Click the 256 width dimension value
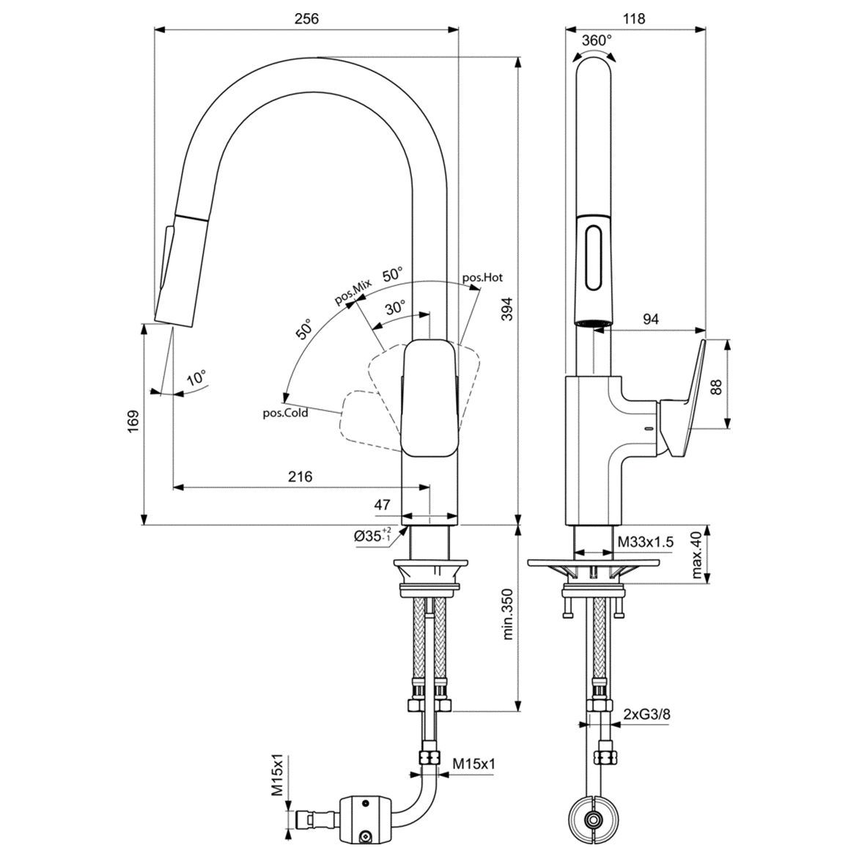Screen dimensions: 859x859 click(306, 20)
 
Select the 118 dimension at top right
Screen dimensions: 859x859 click(634, 20)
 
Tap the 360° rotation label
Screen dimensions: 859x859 click(597, 41)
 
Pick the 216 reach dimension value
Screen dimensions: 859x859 click(300, 477)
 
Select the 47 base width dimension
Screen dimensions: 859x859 click(382, 505)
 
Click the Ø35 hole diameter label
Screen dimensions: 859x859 click(373, 536)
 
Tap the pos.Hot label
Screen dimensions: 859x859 click(482, 278)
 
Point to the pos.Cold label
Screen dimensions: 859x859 click(286, 413)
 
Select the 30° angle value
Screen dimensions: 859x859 click(395, 309)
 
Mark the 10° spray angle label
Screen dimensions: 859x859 click(196, 379)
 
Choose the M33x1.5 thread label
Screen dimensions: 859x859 click(645, 542)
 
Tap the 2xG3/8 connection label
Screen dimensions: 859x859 click(646, 714)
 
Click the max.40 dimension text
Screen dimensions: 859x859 click(696, 555)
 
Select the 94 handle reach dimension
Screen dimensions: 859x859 click(650, 319)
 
